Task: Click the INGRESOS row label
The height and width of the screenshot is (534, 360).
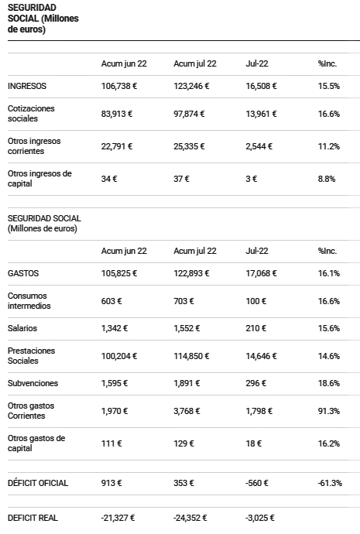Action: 27,86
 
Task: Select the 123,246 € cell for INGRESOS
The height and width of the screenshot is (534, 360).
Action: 191,86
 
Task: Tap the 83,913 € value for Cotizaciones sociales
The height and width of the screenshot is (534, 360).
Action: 117,114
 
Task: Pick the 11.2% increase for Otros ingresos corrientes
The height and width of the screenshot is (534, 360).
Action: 329,146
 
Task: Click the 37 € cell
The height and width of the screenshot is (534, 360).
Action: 181,179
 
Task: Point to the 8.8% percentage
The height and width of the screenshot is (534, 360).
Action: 327,179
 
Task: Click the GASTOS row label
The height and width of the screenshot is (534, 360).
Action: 23,273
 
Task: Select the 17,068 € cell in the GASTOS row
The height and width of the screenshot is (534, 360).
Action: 261,273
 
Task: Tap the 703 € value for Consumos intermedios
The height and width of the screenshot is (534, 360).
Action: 184,301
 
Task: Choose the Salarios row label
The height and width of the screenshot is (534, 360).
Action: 22,328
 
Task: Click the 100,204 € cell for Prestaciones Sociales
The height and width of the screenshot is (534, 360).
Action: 119,356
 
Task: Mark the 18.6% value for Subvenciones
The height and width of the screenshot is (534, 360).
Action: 329,383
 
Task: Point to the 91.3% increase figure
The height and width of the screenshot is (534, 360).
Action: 329,411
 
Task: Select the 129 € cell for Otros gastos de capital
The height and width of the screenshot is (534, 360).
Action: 184,443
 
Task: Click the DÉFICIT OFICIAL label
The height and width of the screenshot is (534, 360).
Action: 38,483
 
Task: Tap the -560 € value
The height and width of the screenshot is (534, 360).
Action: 257,483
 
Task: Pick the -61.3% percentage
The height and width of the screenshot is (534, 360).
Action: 330,483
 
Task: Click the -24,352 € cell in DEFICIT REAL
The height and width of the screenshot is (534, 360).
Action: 190,518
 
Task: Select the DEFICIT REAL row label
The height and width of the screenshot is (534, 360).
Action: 33,518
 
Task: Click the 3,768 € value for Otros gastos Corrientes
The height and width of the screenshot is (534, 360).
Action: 187,411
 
